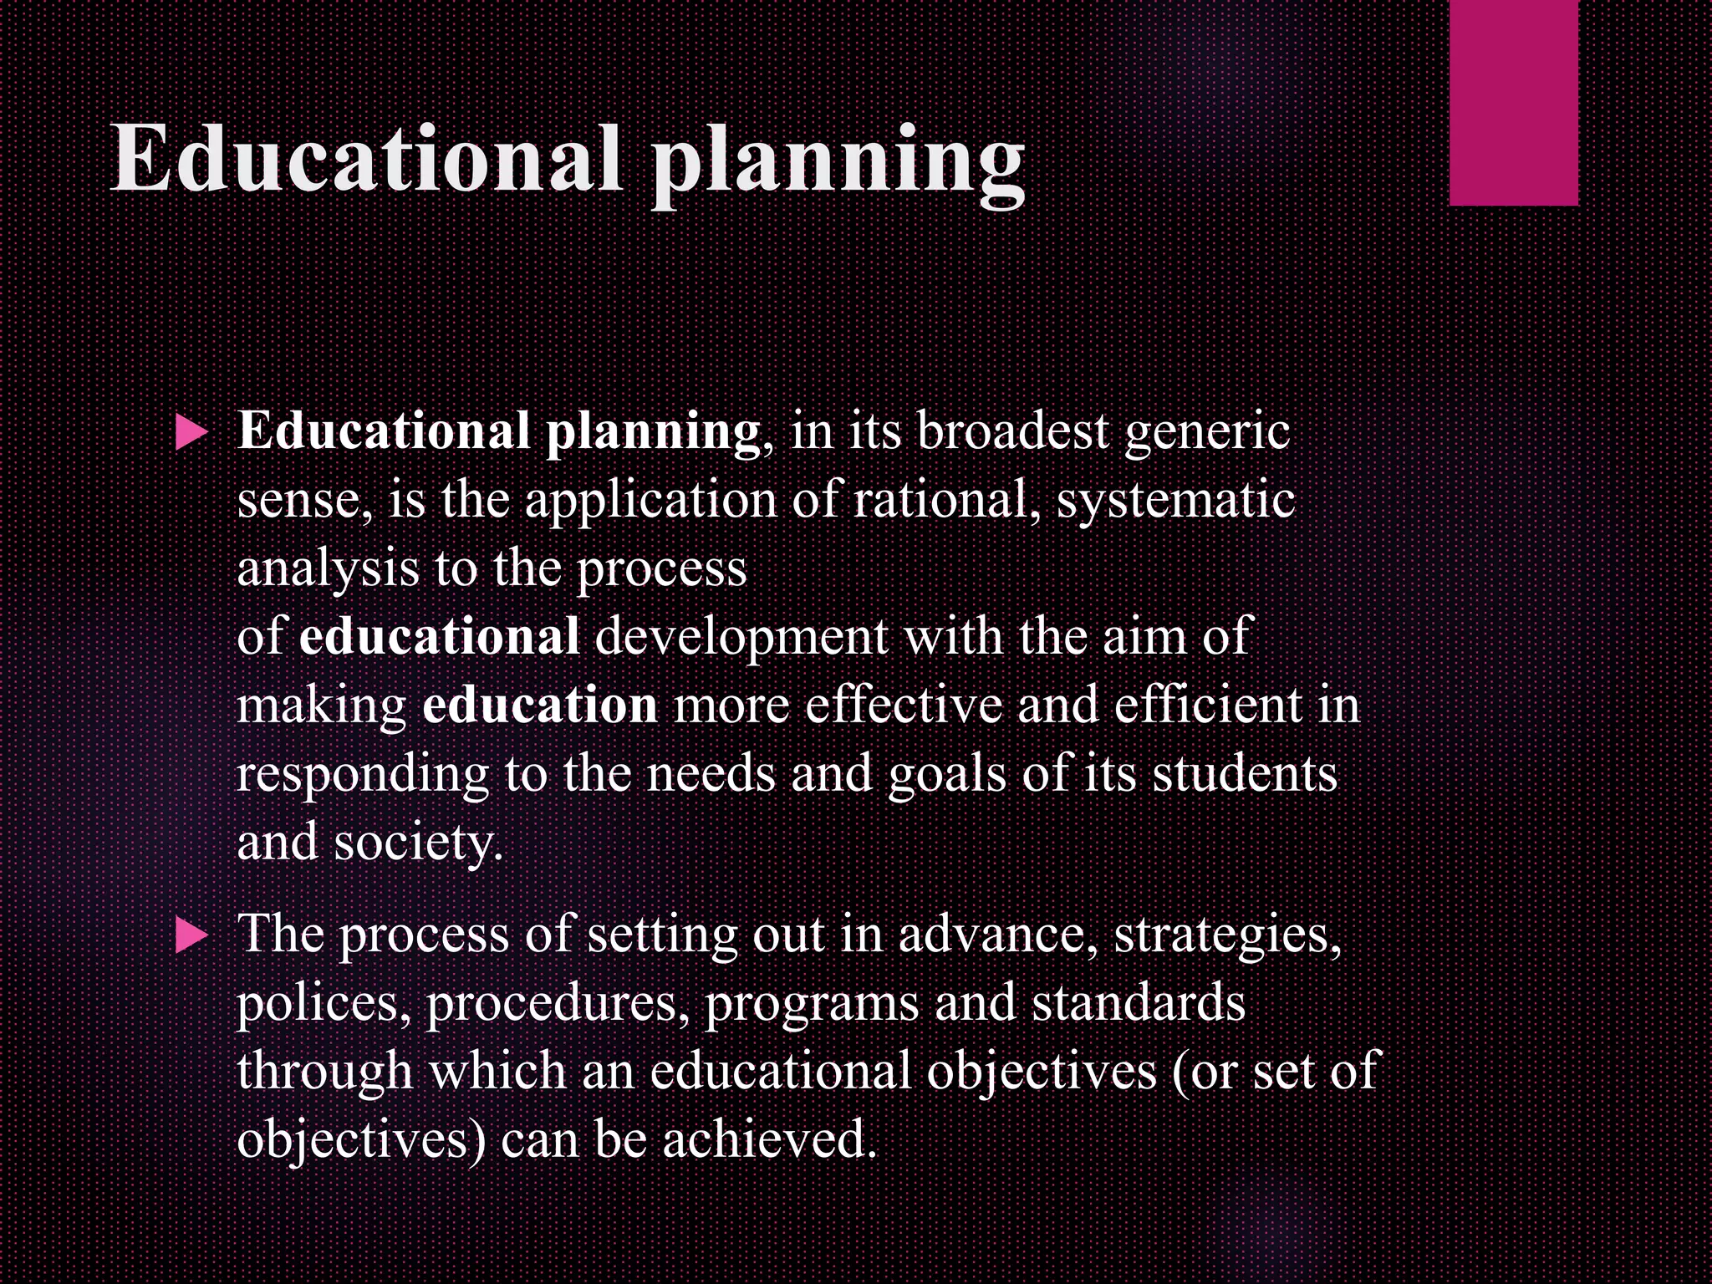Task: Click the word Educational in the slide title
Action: tap(366, 159)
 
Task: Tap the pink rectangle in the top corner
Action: tap(1513, 102)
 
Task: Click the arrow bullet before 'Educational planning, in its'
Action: tap(191, 434)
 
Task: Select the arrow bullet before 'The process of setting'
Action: tap(191, 937)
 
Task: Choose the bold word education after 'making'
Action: tap(539, 706)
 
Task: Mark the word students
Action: tap(1245, 775)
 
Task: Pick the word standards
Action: tap(1139, 1004)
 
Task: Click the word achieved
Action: tap(769, 1141)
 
